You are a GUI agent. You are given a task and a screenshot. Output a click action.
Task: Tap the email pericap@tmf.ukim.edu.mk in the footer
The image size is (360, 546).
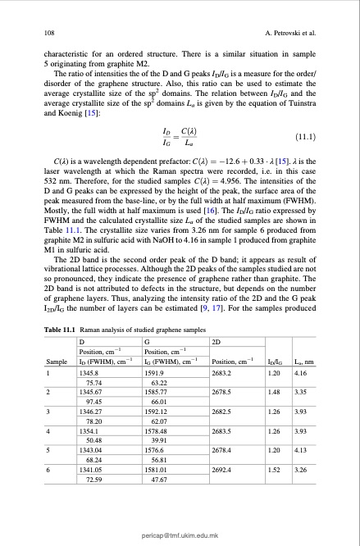pyautogui.click(x=180, y=534)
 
